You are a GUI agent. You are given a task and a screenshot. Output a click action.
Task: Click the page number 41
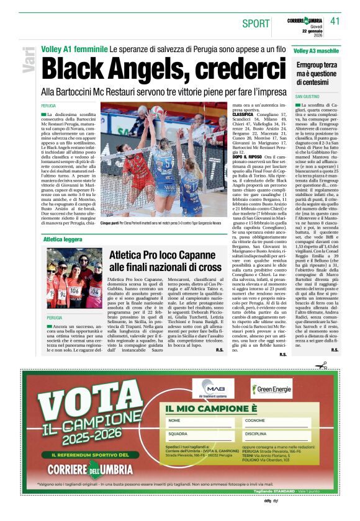336,21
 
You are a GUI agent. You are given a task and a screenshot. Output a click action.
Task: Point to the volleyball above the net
156,111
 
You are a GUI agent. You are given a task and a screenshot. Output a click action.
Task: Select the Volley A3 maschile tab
317,50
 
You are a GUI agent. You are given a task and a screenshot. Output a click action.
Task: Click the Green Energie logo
271,389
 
